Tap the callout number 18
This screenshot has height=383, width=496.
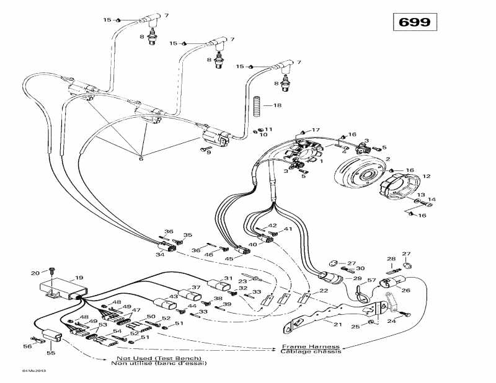pos(277,105)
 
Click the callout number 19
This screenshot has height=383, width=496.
pos(79,278)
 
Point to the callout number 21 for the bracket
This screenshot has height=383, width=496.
pos(338,325)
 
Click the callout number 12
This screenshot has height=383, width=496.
pos(426,177)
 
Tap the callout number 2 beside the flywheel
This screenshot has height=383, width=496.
pos(387,159)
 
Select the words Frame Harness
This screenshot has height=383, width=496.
pos(311,346)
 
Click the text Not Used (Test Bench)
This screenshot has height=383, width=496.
pos(159,359)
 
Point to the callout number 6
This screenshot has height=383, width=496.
pos(141,159)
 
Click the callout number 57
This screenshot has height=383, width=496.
pos(372,281)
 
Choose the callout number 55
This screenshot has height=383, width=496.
pos(51,353)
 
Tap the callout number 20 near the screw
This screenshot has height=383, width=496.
pos(35,273)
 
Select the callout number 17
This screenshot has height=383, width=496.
pos(316,130)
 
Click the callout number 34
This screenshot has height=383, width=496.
pos(160,254)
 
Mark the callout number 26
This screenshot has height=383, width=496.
pos(406,289)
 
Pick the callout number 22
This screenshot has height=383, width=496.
pos(324,291)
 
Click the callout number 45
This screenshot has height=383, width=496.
pos(229,258)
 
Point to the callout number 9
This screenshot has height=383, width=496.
pos(208,152)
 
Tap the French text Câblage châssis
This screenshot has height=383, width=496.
pos(311,351)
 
